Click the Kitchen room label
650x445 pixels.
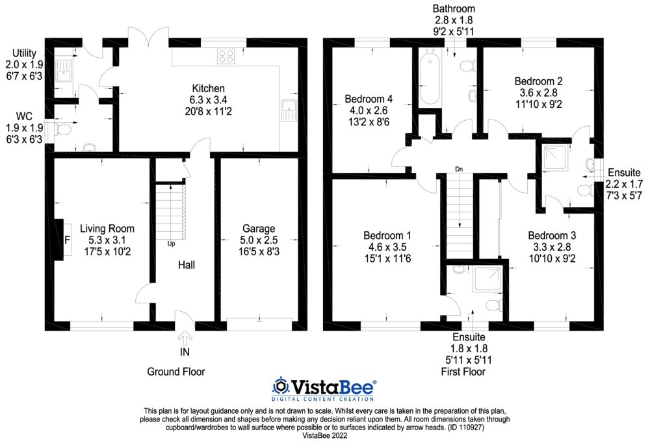coord(208,88)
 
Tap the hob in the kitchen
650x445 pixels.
coord(226,57)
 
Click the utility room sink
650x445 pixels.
coord(64,70)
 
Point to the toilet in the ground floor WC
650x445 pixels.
coord(62,130)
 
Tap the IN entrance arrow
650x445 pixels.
coord(185,339)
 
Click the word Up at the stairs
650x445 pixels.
coord(171,244)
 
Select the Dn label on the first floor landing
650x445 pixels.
coord(459,170)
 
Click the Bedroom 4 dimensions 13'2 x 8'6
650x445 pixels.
coord(369,121)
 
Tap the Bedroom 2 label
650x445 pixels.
coord(538,81)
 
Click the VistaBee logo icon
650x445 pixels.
coord(281,387)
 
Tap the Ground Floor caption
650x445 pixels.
coord(175,372)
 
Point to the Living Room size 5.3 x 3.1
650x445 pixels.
coord(107,240)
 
